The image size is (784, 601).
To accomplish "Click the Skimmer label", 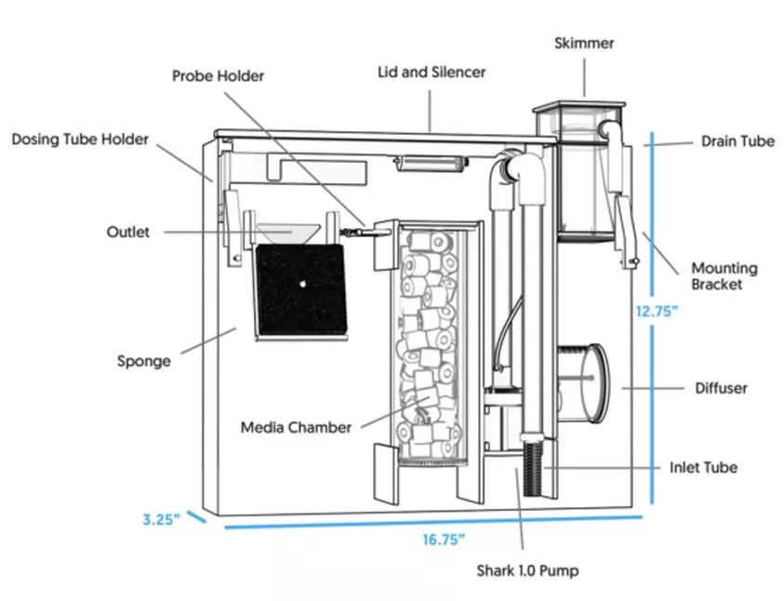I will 584,43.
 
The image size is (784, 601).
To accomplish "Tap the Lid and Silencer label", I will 431,72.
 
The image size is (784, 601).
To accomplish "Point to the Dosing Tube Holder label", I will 80,140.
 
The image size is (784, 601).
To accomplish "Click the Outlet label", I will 127,232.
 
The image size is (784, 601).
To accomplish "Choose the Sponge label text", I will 143,360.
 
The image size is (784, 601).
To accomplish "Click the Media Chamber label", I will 296,427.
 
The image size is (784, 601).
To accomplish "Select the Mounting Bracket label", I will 724,276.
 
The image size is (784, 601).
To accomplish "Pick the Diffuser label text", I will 721,388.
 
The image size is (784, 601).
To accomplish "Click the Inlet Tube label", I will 703,467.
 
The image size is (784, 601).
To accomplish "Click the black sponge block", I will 301,290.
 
